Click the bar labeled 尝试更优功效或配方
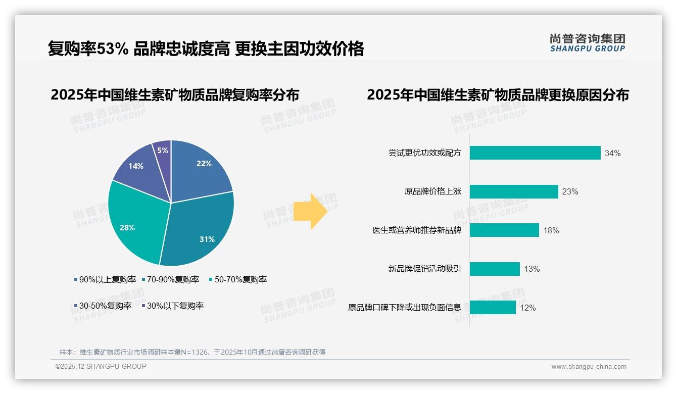[535, 153]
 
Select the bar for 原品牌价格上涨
[513, 192]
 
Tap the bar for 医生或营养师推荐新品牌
[504, 230]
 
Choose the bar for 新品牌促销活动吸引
[494, 269]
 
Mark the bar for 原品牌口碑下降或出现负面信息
[492, 308]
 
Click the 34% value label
[612, 154]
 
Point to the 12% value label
[527, 308]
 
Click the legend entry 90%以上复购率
[106, 279]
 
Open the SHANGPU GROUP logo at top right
[587, 43]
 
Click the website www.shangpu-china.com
[589, 367]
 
